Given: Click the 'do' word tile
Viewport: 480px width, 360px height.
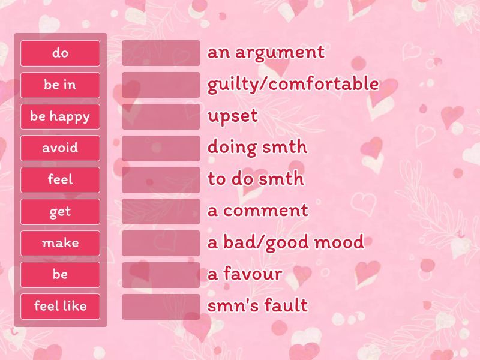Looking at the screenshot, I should click(x=60, y=53).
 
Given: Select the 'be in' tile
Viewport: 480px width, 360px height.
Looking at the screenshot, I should click(x=60, y=85).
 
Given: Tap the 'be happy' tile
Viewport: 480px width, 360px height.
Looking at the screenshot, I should click(x=60, y=116).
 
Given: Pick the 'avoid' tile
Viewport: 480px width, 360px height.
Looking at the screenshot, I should click(x=60, y=148).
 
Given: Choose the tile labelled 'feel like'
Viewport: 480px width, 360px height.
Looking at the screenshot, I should click(x=60, y=306).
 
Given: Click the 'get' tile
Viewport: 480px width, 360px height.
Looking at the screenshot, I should click(x=60, y=211).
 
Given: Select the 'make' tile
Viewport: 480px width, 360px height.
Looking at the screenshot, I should click(x=60, y=243).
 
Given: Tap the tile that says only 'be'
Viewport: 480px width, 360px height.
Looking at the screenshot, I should click(x=60, y=274).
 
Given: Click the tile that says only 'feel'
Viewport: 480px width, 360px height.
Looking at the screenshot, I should click(x=60, y=179).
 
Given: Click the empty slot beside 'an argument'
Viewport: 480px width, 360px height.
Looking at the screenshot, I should click(x=161, y=53).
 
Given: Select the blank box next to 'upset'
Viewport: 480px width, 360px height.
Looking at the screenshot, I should click(x=161, y=116).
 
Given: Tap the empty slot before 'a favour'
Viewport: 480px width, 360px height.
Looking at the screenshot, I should click(x=161, y=274).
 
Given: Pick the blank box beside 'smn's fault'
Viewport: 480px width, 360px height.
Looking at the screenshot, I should click(x=161, y=306).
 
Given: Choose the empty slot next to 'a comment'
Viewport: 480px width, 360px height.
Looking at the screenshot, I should click(x=161, y=211).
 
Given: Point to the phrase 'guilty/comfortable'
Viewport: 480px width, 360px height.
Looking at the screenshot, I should click(x=293, y=84).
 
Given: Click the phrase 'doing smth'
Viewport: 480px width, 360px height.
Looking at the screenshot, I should click(x=257, y=148).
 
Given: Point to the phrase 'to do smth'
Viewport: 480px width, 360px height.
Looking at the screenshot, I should click(x=256, y=179).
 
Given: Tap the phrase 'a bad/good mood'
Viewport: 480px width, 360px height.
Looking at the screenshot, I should click(x=286, y=242).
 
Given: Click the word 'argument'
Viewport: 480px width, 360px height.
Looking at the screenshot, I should click(x=280, y=53).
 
